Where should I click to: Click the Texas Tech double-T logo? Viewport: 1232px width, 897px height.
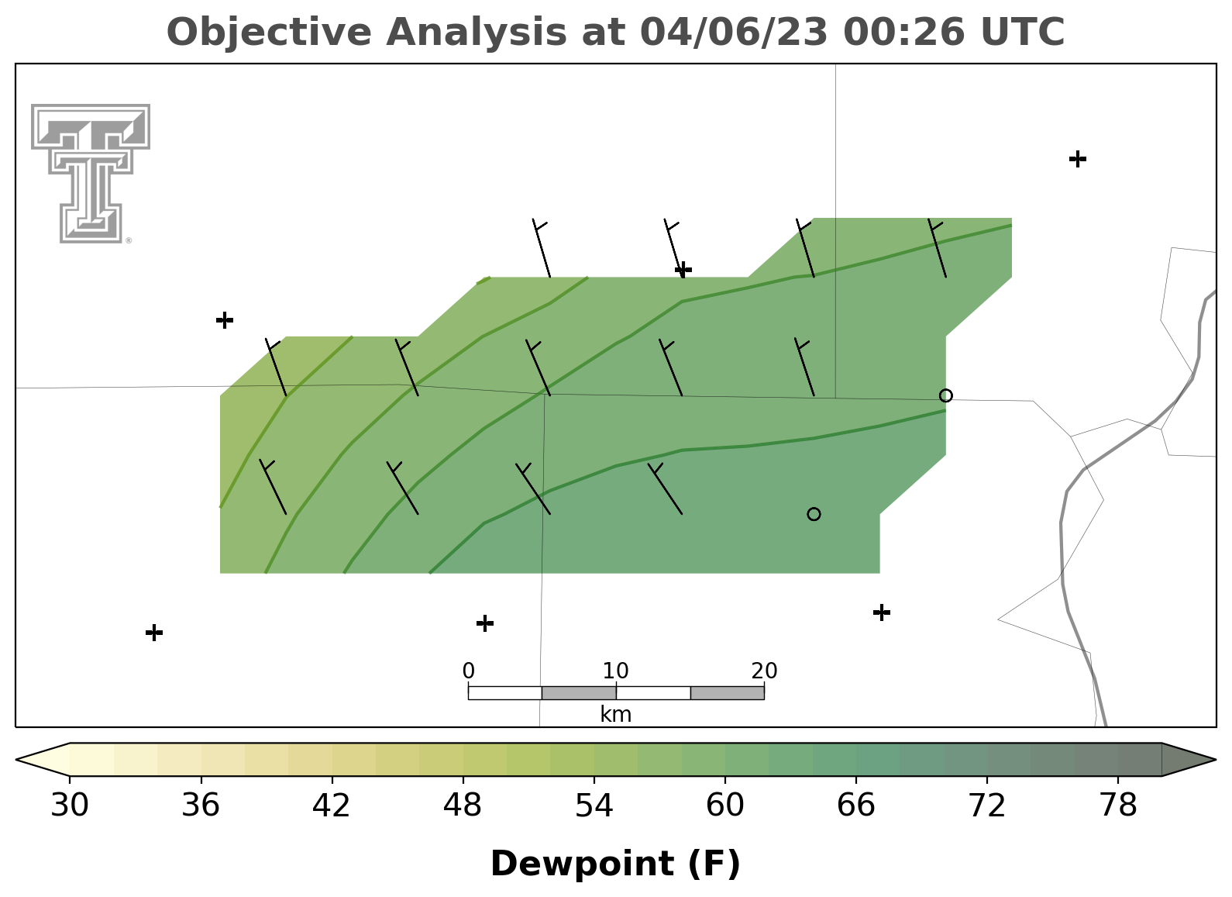pos(91,174)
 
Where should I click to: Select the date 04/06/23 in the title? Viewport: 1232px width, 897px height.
pos(734,32)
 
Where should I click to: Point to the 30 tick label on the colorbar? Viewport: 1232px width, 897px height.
pos(69,805)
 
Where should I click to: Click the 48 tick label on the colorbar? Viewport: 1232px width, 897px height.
pos(463,805)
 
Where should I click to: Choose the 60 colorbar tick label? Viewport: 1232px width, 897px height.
pos(725,805)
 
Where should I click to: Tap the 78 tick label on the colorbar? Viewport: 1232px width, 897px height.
pos(1118,805)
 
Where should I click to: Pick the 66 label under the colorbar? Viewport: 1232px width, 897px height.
pos(855,805)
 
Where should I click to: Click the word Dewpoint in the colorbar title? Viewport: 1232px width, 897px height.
pos(582,864)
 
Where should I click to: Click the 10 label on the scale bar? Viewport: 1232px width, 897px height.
pos(615,671)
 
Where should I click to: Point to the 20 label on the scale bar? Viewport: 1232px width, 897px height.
pos(764,671)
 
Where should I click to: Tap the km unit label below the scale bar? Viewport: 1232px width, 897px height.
pos(615,714)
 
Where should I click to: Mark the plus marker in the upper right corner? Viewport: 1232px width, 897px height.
pos(1078,159)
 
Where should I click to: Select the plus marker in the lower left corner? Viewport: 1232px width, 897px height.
pos(154,633)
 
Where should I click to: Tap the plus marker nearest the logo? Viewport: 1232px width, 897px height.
pos(225,319)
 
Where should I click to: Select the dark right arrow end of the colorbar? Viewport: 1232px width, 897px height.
pos(1188,760)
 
